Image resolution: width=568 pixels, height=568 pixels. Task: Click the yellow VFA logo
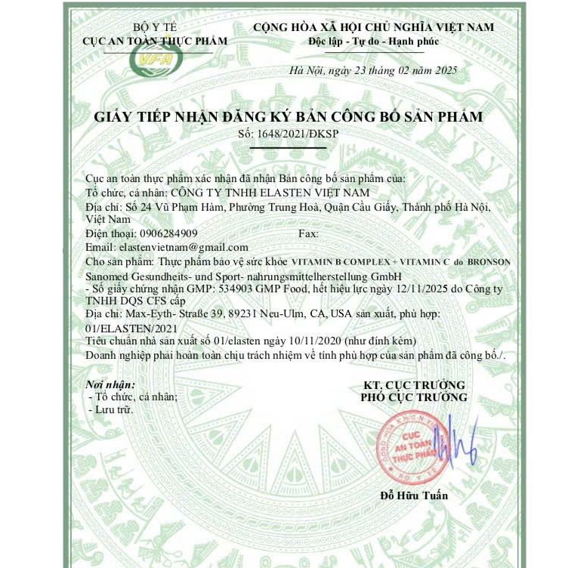154,58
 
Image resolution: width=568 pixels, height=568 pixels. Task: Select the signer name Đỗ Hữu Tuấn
414,495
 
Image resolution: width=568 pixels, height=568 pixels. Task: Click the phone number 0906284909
163,233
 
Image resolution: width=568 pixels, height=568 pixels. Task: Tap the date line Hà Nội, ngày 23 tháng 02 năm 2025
373,71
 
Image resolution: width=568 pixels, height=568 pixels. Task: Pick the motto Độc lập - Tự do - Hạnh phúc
373,41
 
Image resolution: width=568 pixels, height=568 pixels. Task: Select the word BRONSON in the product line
489,261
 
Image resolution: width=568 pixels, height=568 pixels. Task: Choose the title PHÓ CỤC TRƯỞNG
413,397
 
